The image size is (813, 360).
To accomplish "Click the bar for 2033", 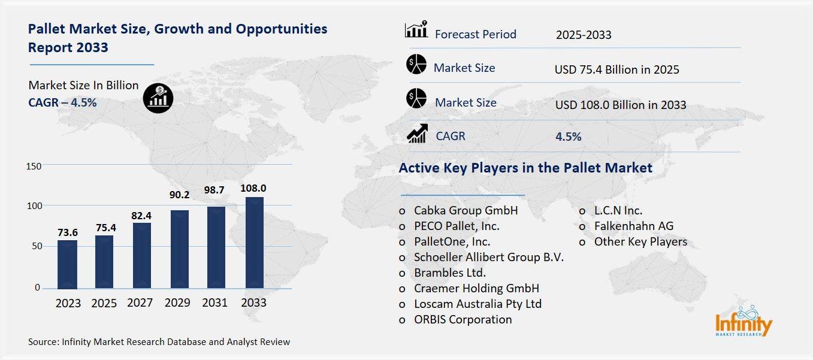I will pyautogui.click(x=253, y=243).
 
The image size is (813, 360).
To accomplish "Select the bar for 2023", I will pyautogui.click(x=68, y=264).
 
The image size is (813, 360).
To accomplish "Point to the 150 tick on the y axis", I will pyautogui.click(x=34, y=166).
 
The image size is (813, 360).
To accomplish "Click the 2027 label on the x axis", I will pyautogui.click(x=140, y=302).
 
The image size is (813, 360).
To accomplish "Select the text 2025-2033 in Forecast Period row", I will pyautogui.click(x=583, y=35).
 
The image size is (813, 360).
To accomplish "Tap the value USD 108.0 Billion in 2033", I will pyautogui.click(x=620, y=105).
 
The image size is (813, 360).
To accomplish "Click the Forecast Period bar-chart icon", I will pyautogui.click(x=416, y=30).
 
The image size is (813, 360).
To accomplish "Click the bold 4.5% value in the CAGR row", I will pyautogui.click(x=568, y=137).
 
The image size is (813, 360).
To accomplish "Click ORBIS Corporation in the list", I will pyautogui.click(x=463, y=319).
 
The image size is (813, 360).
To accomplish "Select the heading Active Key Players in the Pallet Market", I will pyautogui.click(x=525, y=168).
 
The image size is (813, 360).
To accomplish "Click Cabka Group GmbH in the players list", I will pyautogui.click(x=465, y=211).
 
